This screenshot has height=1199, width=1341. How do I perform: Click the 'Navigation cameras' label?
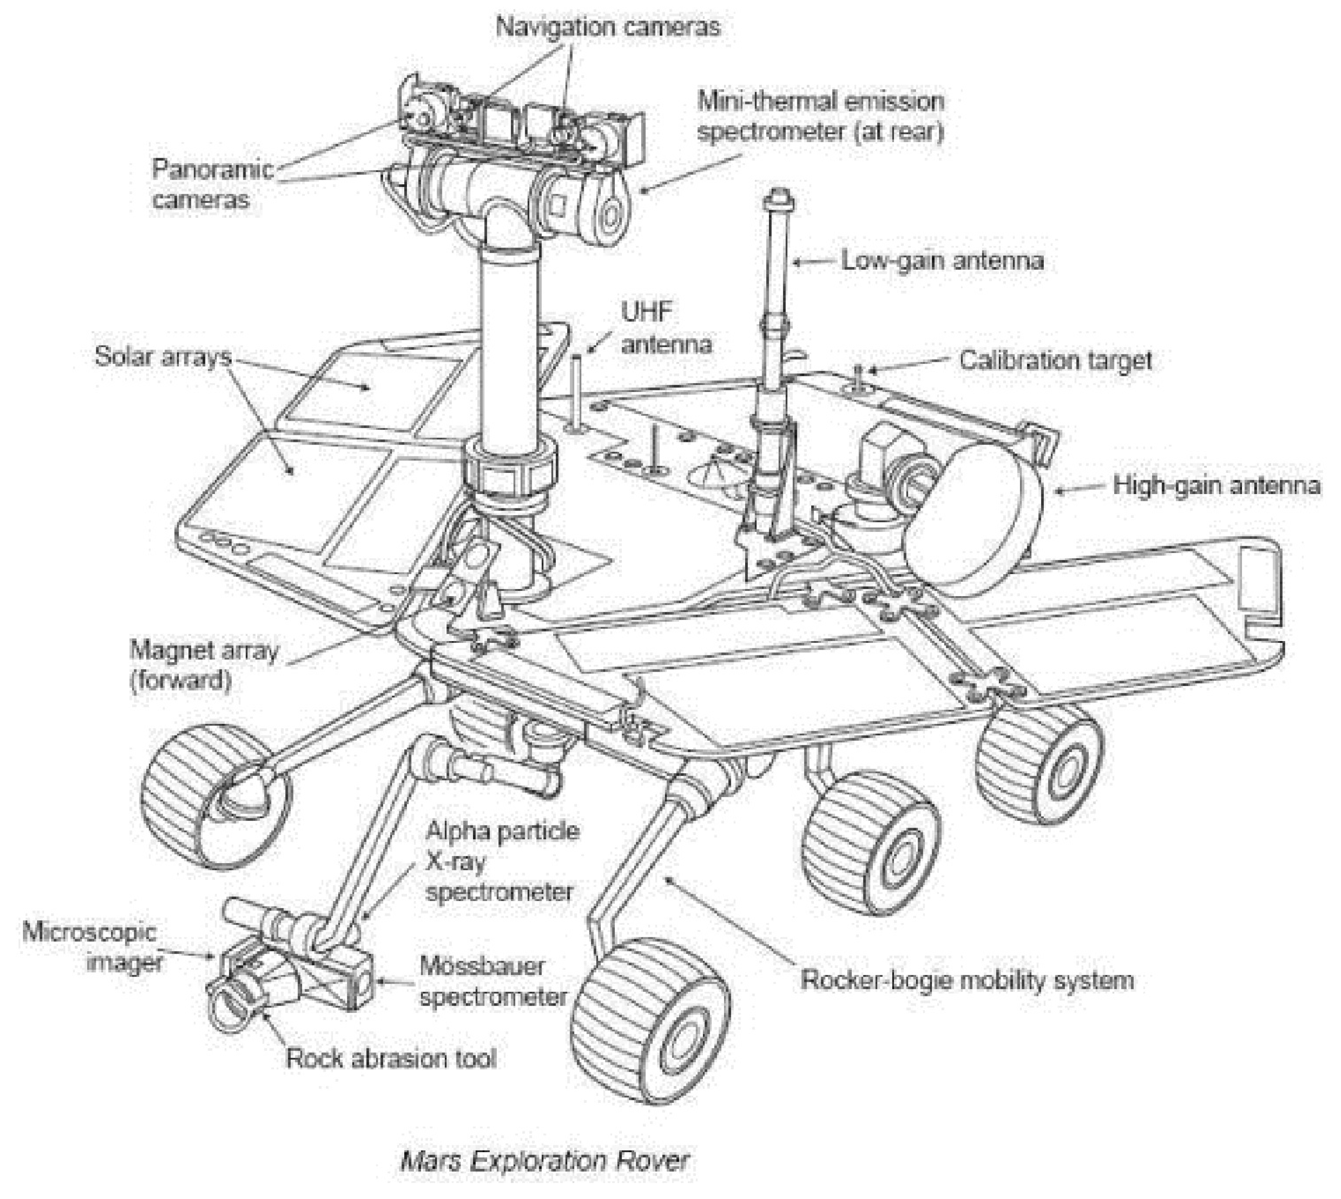(608, 27)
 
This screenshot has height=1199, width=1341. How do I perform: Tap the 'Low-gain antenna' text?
(942, 261)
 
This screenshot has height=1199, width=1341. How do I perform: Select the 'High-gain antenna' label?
(1216, 486)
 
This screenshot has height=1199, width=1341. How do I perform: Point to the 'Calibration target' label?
(1055, 361)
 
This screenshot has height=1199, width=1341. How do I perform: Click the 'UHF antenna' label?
(666, 328)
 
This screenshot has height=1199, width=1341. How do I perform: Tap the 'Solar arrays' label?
(163, 357)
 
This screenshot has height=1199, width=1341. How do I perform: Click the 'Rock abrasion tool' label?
(390, 1059)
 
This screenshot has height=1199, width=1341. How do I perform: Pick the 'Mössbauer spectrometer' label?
(493, 981)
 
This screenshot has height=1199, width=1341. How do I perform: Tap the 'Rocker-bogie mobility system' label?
(967, 980)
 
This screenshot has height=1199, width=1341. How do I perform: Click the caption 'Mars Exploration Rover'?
(544, 1160)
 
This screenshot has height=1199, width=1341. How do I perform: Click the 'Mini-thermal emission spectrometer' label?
(820, 116)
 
